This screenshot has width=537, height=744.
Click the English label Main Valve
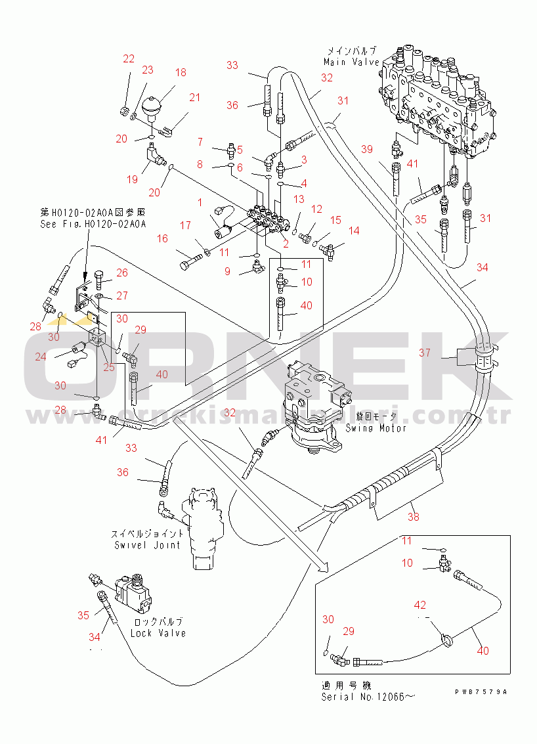tap(351, 62)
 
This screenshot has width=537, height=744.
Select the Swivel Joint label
tap(147, 544)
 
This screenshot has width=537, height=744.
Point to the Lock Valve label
tap(158, 633)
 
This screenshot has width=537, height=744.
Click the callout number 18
tap(180, 73)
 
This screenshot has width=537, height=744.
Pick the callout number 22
tap(128, 59)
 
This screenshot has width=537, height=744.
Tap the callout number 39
tap(385, 148)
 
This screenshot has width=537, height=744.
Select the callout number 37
tap(425, 353)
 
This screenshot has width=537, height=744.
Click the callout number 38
tap(413, 517)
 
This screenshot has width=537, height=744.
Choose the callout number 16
tap(162, 240)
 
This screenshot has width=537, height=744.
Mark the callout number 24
tap(41, 357)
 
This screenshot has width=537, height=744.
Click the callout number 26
tap(123, 273)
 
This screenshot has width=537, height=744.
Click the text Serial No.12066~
tap(368, 696)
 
